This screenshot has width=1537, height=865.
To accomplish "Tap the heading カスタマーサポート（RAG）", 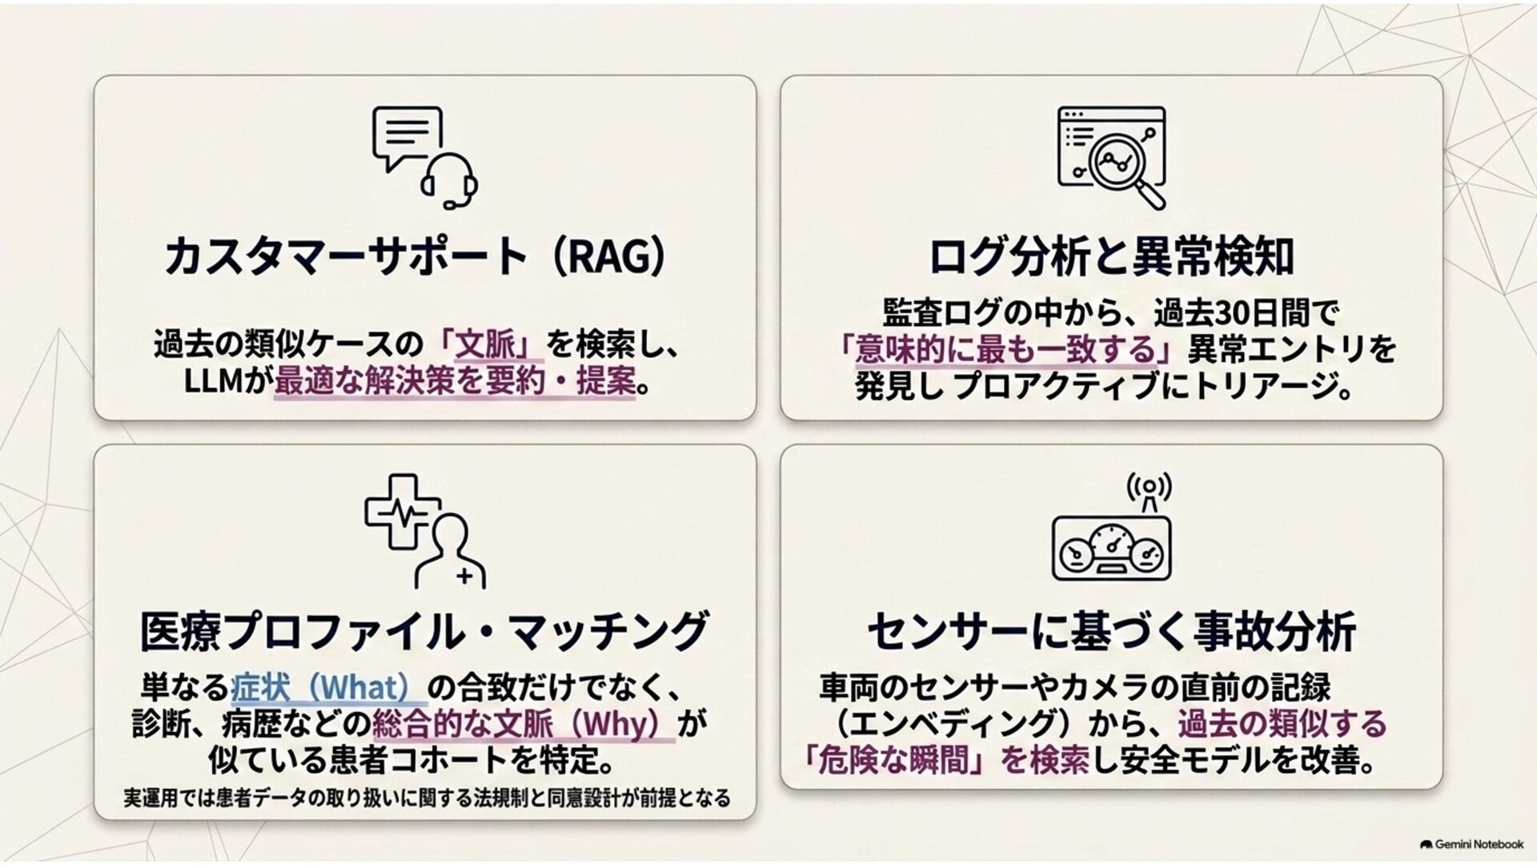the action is point(415,256).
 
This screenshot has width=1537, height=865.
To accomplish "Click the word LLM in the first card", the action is point(213,381).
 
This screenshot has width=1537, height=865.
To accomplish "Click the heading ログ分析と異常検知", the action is point(1111,256).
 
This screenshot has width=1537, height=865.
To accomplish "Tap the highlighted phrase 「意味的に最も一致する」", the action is point(1011,349).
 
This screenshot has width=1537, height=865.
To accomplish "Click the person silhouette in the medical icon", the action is point(450,551).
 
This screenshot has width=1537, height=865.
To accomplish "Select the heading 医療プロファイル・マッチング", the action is point(424,630).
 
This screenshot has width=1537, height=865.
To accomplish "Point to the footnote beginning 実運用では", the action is point(427,799).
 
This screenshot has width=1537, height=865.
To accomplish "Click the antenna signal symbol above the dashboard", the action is point(1149,491).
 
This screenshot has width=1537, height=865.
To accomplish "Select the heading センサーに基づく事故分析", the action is point(1111,630).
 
